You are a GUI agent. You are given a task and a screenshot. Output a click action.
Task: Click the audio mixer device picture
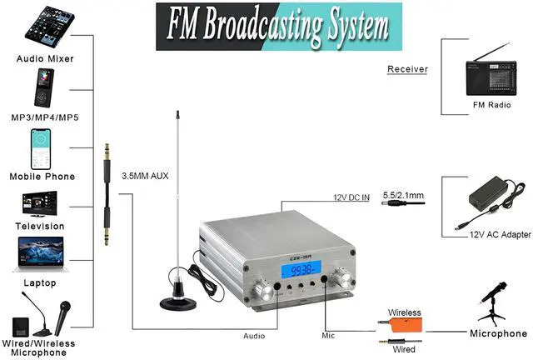(50, 27)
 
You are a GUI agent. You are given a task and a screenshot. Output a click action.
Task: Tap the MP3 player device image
(44, 87)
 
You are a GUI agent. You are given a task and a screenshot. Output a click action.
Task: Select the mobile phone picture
(41, 149)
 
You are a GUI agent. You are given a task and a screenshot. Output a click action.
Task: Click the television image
(40, 204)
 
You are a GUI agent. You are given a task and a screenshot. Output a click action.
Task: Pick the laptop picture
(41, 254)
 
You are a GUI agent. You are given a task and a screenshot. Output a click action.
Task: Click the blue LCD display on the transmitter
(301, 269)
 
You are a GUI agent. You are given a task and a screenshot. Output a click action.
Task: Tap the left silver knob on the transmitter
(263, 291)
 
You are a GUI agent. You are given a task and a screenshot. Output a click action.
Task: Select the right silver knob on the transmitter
(342, 278)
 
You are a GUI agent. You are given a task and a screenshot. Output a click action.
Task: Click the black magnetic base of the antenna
(178, 302)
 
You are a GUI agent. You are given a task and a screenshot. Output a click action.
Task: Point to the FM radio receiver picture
(491, 73)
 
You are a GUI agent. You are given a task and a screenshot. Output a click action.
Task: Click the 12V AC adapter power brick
(489, 195)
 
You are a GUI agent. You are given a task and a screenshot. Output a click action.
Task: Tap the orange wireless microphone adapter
(405, 325)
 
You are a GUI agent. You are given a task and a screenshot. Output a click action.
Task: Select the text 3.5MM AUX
(145, 176)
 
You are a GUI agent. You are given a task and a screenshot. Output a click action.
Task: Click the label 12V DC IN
(351, 197)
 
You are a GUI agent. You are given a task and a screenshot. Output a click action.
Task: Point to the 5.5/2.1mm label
(403, 195)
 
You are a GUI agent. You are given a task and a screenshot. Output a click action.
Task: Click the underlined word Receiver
(407, 69)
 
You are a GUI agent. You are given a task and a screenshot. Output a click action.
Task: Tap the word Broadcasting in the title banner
(263, 27)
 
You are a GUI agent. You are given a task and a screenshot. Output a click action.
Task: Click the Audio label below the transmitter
(254, 336)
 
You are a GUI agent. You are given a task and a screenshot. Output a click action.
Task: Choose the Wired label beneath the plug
(404, 349)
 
